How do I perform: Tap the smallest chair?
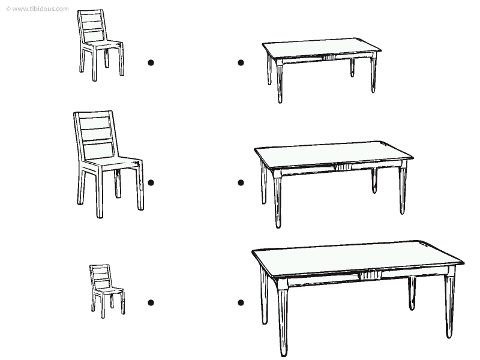107,291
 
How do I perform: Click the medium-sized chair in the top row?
100,45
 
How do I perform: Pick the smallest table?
322,70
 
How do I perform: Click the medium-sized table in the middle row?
334,184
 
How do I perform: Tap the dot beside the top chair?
151,63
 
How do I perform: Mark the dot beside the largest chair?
151,183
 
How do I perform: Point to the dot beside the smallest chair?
151,303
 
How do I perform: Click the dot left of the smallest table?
241,63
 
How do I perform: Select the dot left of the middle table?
241,183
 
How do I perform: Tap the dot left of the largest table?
241,303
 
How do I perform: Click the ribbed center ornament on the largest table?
370,275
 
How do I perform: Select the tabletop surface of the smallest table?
322,48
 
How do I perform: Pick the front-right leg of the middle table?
403,188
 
